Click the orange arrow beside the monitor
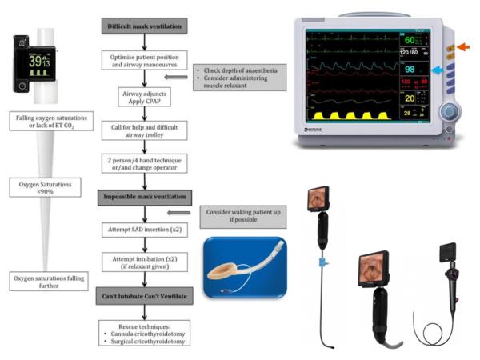464,49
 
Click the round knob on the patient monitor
452,111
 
